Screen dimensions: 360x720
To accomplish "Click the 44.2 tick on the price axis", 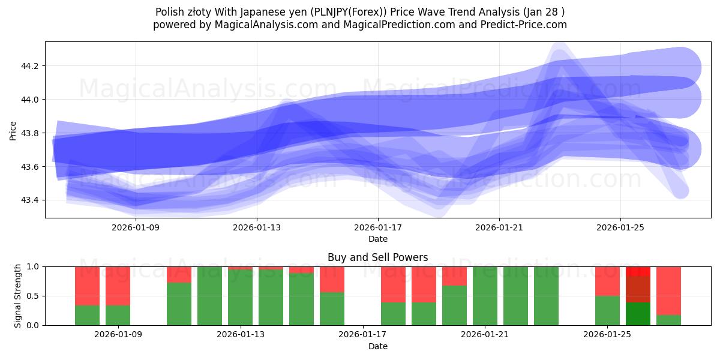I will pos(30,66).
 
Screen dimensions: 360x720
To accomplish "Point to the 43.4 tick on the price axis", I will pos(30,200).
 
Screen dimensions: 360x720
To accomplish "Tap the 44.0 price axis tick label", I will pos(30,100).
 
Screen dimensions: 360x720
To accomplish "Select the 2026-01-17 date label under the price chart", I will pos(378,228).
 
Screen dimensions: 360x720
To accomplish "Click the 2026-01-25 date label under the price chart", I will pos(620,228).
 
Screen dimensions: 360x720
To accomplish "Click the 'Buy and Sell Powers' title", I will pos(378,257).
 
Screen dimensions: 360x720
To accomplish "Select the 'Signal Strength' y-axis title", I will pos(18,296).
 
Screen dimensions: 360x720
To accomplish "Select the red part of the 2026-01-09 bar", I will pos(118,286).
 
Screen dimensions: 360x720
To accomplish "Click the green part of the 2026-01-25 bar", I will pos(607,310).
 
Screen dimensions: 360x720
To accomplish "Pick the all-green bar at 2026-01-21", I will pos(485,296).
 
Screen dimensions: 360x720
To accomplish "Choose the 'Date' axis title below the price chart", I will pos(378,239).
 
